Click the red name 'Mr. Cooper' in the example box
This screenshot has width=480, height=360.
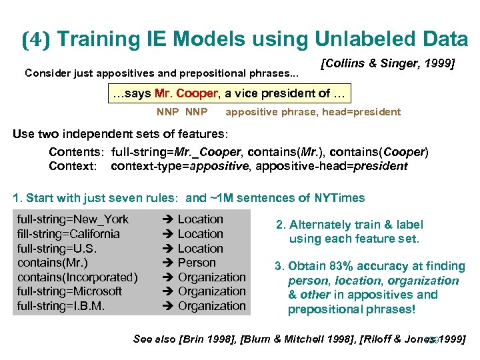click(185, 93)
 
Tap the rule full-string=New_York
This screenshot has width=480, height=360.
click(73, 219)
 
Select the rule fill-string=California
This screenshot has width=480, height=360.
click(69, 234)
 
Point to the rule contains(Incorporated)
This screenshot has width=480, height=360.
click(77, 277)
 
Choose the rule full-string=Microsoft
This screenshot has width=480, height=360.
click(70, 291)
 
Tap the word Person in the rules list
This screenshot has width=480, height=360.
click(197, 263)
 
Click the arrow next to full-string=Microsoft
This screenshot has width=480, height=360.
click(168, 291)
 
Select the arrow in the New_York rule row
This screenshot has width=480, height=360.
click(168, 219)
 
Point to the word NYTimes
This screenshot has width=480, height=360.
click(339, 197)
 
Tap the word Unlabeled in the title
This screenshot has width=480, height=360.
click(345, 40)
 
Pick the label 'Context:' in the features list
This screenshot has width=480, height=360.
click(72, 166)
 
